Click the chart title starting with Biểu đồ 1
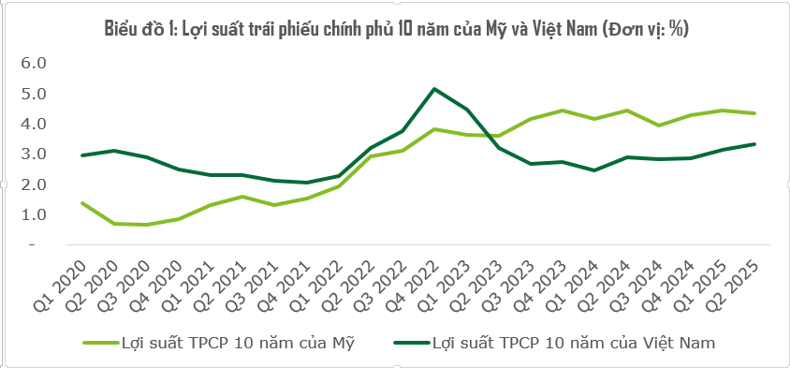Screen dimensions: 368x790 pyautogui.click(x=396, y=29)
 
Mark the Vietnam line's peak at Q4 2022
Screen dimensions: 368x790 pyautogui.click(x=433, y=89)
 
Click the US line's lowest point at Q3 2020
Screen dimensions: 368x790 pyautogui.click(x=147, y=225)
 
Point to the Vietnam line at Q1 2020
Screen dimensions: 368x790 pyautogui.click(x=82, y=155)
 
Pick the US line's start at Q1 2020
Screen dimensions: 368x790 pyautogui.click(x=82, y=202)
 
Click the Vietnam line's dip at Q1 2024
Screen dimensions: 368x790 pyautogui.click(x=593, y=170)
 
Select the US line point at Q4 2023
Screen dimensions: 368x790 pyautogui.click(x=562, y=110)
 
